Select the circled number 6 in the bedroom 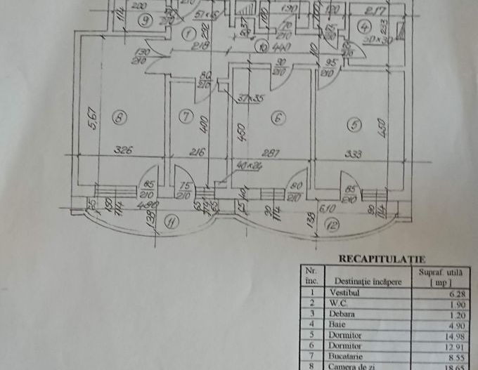(x=278, y=119)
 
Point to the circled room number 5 (x=354, y=125)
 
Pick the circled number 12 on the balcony (x=332, y=226)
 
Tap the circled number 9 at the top (x=145, y=20)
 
